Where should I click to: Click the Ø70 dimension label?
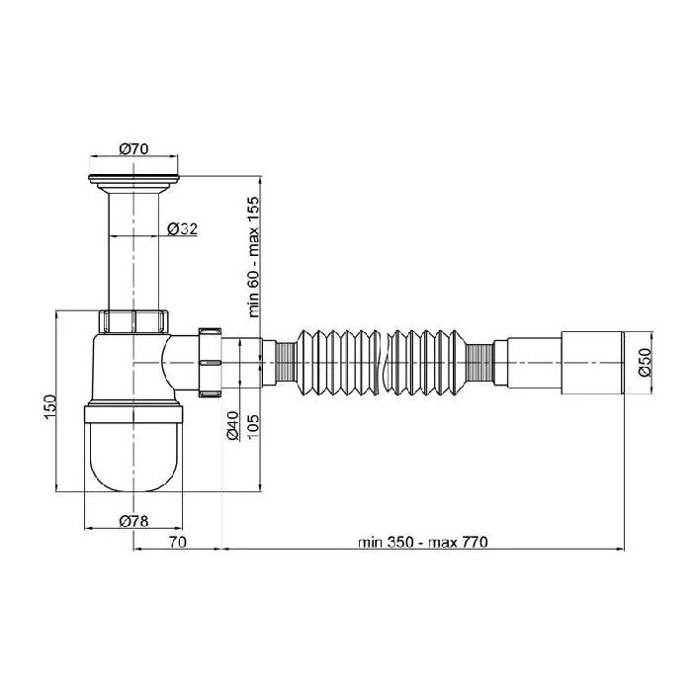tap(133, 148)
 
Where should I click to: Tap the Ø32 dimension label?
tap(182, 229)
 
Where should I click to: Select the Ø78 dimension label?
tap(133, 521)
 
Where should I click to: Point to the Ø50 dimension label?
tap(645, 362)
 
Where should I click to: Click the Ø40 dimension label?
tap(232, 426)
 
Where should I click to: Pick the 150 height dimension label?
tap(49, 407)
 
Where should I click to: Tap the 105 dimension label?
tap(253, 427)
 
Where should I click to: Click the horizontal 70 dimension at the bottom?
tap(178, 542)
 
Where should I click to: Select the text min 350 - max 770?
tap(423, 542)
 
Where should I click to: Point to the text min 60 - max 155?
tap(253, 257)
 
